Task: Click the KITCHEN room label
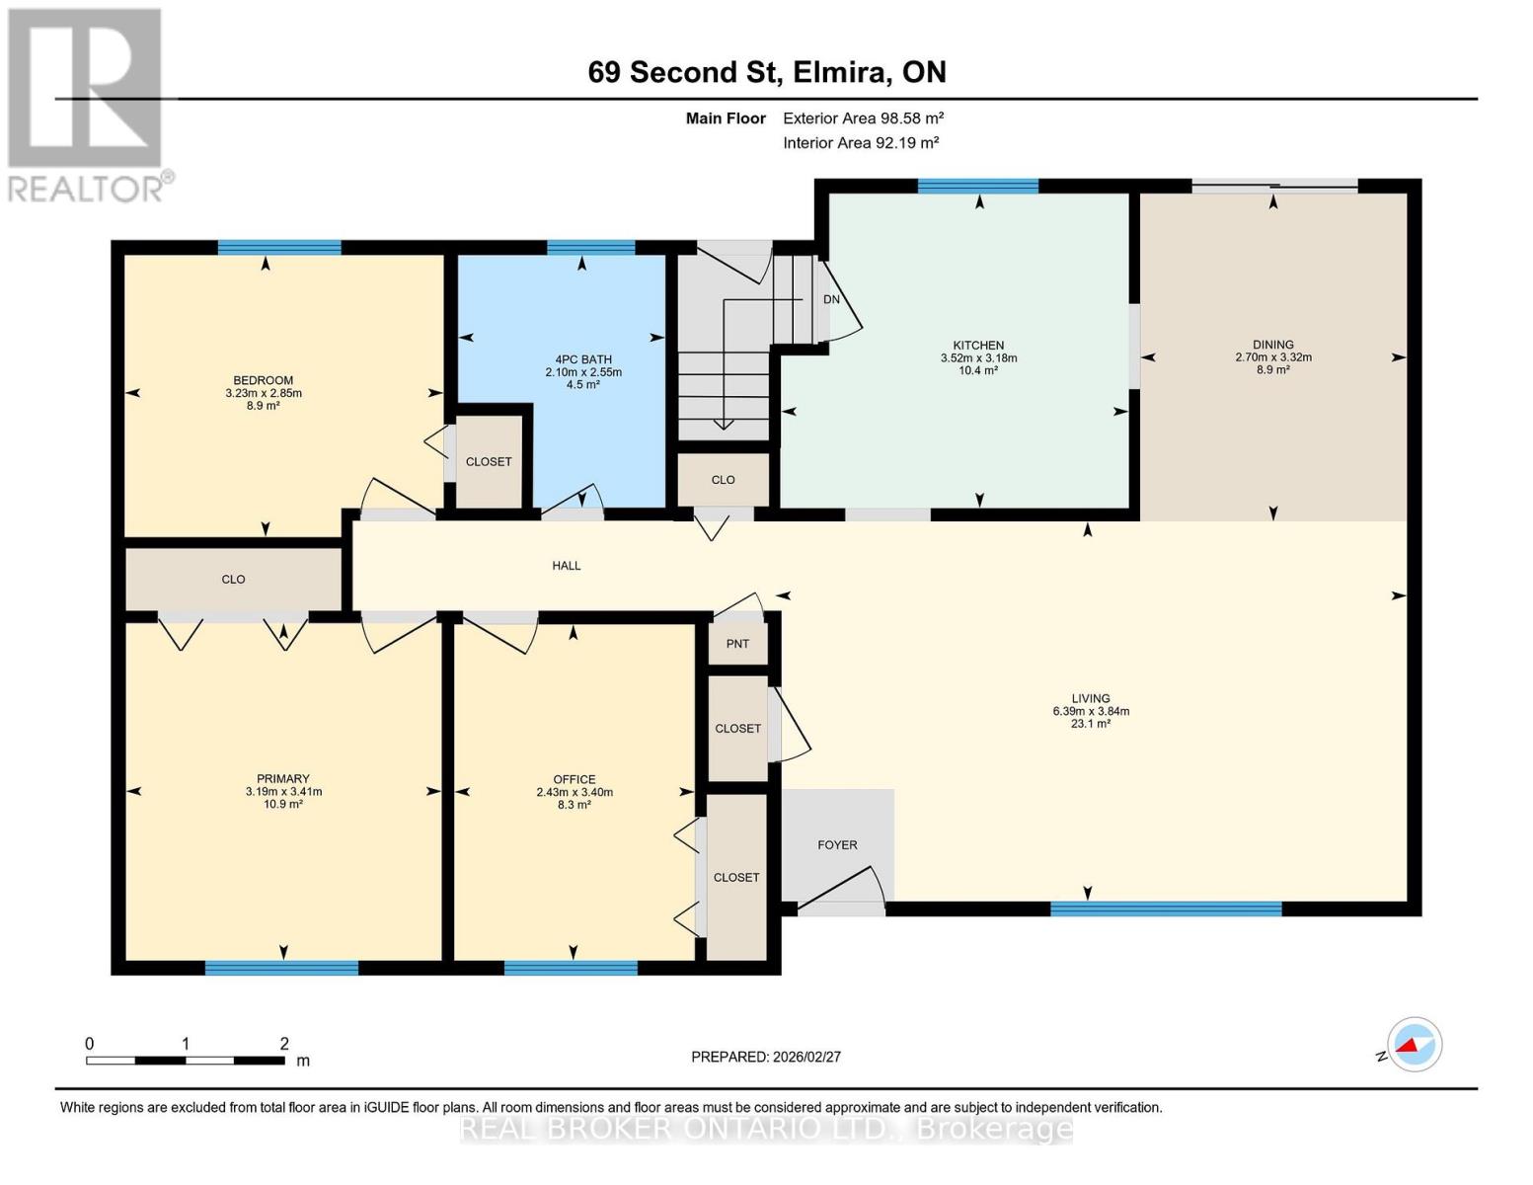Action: pyautogui.click(x=978, y=346)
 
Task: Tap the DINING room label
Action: pyautogui.click(x=1272, y=345)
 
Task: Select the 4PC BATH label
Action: pyautogui.click(x=582, y=359)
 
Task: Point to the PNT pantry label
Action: pyautogui.click(x=737, y=644)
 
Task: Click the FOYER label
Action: pyautogui.click(x=837, y=845)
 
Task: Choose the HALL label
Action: pyautogui.click(x=566, y=566)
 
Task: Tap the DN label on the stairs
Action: pyautogui.click(x=831, y=299)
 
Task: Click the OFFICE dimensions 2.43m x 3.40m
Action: pyautogui.click(x=574, y=792)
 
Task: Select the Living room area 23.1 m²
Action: pyautogui.click(x=1090, y=724)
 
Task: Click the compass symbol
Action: pyautogui.click(x=1414, y=1045)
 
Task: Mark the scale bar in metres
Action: pyautogui.click(x=186, y=1060)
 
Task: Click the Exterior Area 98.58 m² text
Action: pyautogui.click(x=863, y=118)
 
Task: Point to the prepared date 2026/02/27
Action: pyautogui.click(x=765, y=1057)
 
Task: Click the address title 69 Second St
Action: pyautogui.click(x=766, y=72)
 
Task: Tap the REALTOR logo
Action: pyautogui.click(x=87, y=105)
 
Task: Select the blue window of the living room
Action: pyautogui.click(x=1165, y=908)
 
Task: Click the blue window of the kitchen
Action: pyautogui.click(x=977, y=186)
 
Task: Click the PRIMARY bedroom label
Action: pyautogui.click(x=283, y=779)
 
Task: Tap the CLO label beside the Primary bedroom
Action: pyautogui.click(x=233, y=580)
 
